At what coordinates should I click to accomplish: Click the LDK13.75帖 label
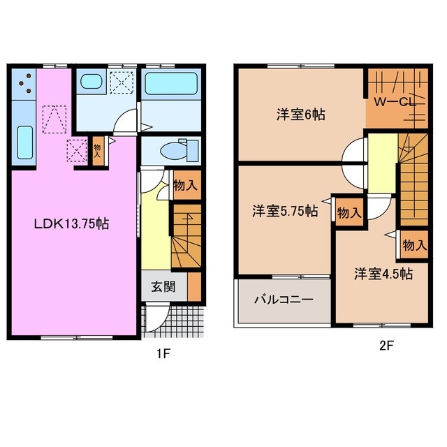72,224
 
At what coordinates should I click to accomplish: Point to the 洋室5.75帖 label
285,210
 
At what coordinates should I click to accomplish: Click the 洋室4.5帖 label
382,273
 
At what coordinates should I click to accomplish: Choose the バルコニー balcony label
283,300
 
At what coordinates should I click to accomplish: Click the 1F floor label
163,353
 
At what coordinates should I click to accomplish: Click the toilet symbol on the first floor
176,149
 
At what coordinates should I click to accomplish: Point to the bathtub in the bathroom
172,85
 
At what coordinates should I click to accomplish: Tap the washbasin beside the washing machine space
91,82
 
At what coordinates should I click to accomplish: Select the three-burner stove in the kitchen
24,84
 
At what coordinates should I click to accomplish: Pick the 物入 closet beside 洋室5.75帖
348,212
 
